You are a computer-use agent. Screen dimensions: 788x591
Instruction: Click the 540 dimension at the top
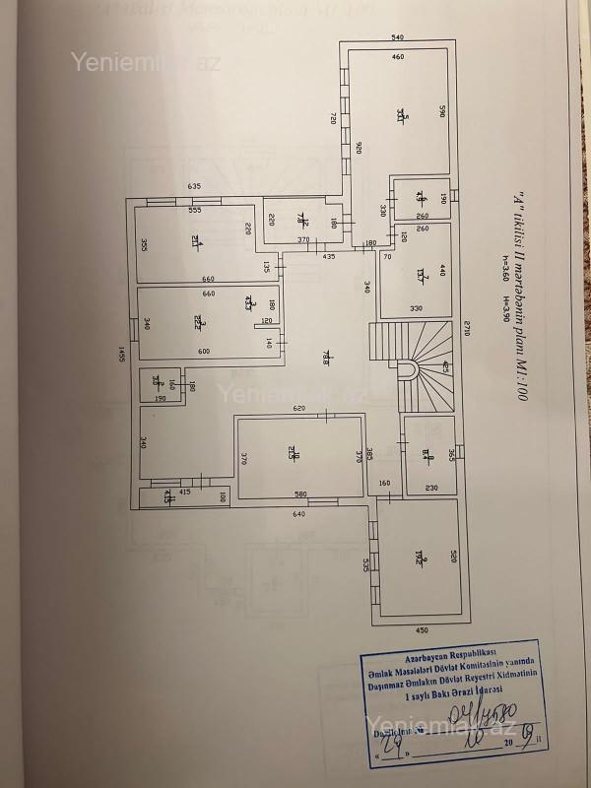pos(398,37)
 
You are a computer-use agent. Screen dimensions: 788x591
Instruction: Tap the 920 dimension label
pos(360,149)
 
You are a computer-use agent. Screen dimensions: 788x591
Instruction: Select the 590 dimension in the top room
pos(443,111)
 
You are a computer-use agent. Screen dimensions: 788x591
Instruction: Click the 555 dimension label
pos(195,210)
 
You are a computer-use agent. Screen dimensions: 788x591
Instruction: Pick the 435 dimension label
pos(329,257)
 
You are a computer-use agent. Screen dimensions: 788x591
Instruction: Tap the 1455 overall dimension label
pos(122,356)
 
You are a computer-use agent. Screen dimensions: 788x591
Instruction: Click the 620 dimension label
pos(298,408)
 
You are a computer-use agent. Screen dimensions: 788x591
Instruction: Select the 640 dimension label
pos(298,514)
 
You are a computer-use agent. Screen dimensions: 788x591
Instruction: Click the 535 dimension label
pos(365,564)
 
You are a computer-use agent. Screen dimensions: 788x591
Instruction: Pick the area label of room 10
pos(293,453)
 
